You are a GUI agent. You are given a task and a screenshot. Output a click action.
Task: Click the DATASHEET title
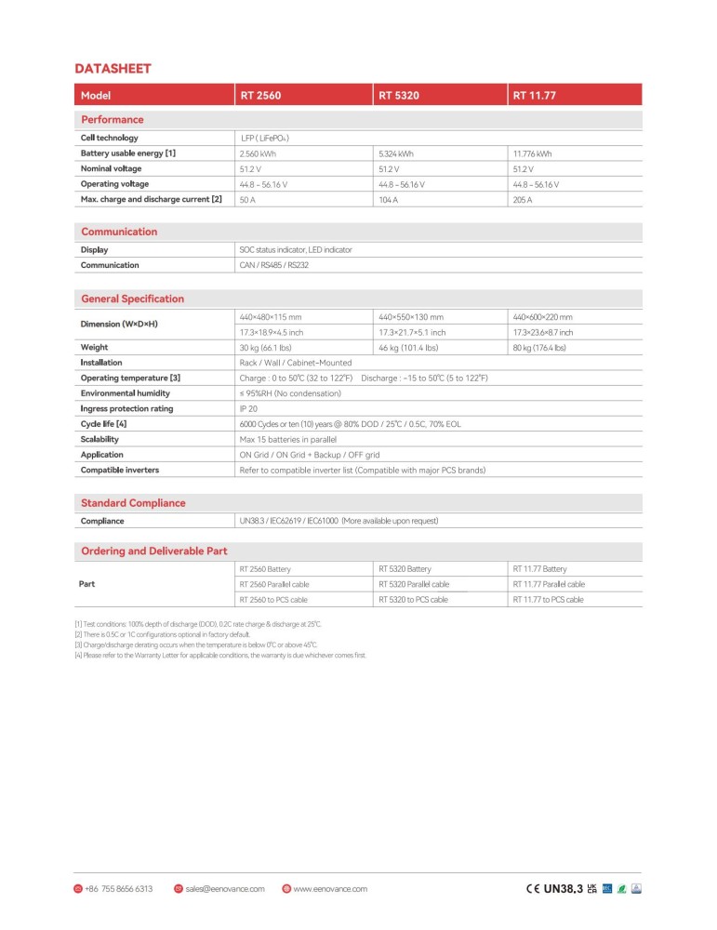[x=113, y=68]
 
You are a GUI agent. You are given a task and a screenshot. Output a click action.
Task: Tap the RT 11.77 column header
[x=535, y=95]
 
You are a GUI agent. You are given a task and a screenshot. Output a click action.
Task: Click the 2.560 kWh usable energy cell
[x=258, y=153]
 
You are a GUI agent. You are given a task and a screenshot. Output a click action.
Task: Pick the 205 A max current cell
[x=523, y=199]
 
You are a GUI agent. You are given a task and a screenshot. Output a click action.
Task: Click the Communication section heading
[x=119, y=232]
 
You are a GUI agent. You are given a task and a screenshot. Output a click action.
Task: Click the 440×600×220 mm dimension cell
[x=543, y=317]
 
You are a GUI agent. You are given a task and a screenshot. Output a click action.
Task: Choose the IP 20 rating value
[x=250, y=408]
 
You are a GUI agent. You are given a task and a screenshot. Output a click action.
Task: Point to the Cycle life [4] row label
[x=103, y=424]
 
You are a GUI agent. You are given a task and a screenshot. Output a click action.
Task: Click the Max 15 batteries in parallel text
[x=287, y=439]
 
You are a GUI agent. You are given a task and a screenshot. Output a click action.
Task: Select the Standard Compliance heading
[x=133, y=503]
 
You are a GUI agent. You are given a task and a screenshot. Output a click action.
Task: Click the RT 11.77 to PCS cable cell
[x=549, y=600]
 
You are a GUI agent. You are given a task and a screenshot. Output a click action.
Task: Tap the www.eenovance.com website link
[x=330, y=888]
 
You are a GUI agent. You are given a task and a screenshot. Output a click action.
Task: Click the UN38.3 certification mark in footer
[x=563, y=888]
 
